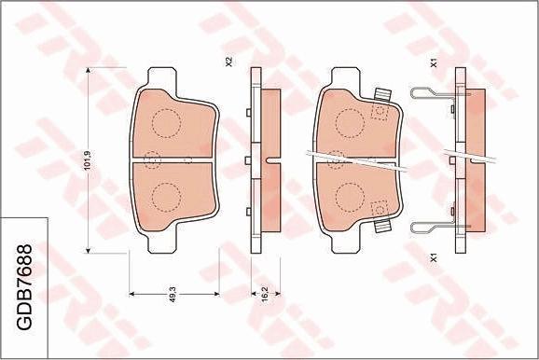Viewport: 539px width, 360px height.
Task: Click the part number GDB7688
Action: pyautogui.click(x=24, y=287)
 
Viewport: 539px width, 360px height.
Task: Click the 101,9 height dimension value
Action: pyautogui.click(x=89, y=160)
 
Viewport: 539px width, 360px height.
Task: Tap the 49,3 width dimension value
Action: pyautogui.click(x=173, y=295)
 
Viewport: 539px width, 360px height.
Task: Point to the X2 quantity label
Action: pyautogui.click(x=229, y=62)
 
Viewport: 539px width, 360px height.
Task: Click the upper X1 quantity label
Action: pyautogui.click(x=434, y=62)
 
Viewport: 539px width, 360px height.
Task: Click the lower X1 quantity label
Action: pyautogui.click(x=434, y=258)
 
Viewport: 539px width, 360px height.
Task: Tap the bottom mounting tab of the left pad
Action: pyautogui.click(x=162, y=242)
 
